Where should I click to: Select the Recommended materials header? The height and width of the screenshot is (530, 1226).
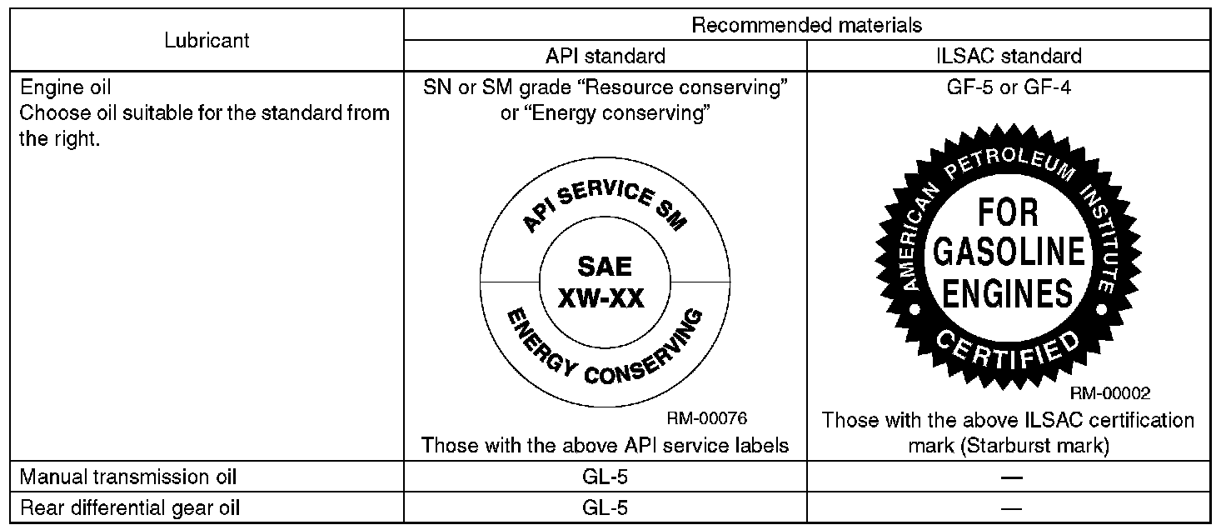tap(807, 26)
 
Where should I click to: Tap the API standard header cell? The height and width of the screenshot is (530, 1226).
tap(605, 56)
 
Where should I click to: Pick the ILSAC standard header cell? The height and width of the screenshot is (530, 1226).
tap(1008, 56)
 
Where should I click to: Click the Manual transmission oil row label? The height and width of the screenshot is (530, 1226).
tap(128, 477)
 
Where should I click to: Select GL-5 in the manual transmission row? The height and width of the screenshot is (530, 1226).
tap(605, 477)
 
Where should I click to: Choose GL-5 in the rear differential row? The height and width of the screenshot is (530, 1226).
tap(605, 507)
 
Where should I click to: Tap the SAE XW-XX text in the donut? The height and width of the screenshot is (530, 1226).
tap(605, 282)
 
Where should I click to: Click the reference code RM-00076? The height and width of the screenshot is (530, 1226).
tap(712, 419)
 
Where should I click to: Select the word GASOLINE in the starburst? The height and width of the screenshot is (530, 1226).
tap(1008, 252)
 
